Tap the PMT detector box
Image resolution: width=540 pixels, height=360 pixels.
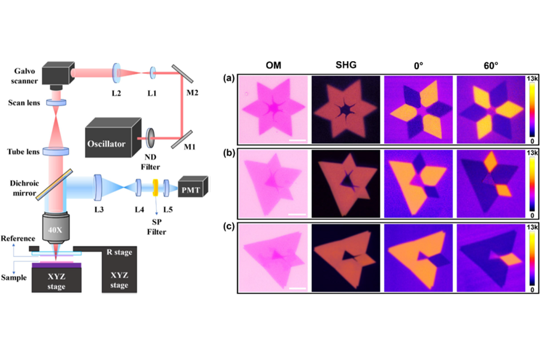[193, 187]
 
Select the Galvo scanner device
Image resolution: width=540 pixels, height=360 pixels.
[59, 75]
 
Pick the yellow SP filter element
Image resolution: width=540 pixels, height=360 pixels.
[155, 187]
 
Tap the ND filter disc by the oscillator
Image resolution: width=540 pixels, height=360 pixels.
[150, 138]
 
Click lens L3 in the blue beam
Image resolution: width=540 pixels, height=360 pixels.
[98, 187]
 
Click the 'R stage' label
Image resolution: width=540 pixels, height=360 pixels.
[119, 252]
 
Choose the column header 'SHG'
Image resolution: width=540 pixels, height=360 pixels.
[346, 65]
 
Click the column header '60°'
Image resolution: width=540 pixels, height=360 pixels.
[491, 65]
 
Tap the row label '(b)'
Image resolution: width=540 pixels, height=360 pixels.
[229, 153]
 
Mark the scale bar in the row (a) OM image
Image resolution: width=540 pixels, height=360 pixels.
[297, 140]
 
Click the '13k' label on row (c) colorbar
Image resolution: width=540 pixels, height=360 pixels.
[532, 228]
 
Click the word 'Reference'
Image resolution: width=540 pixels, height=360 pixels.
[18, 238]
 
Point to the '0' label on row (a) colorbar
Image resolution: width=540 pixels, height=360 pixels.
[532, 141]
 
